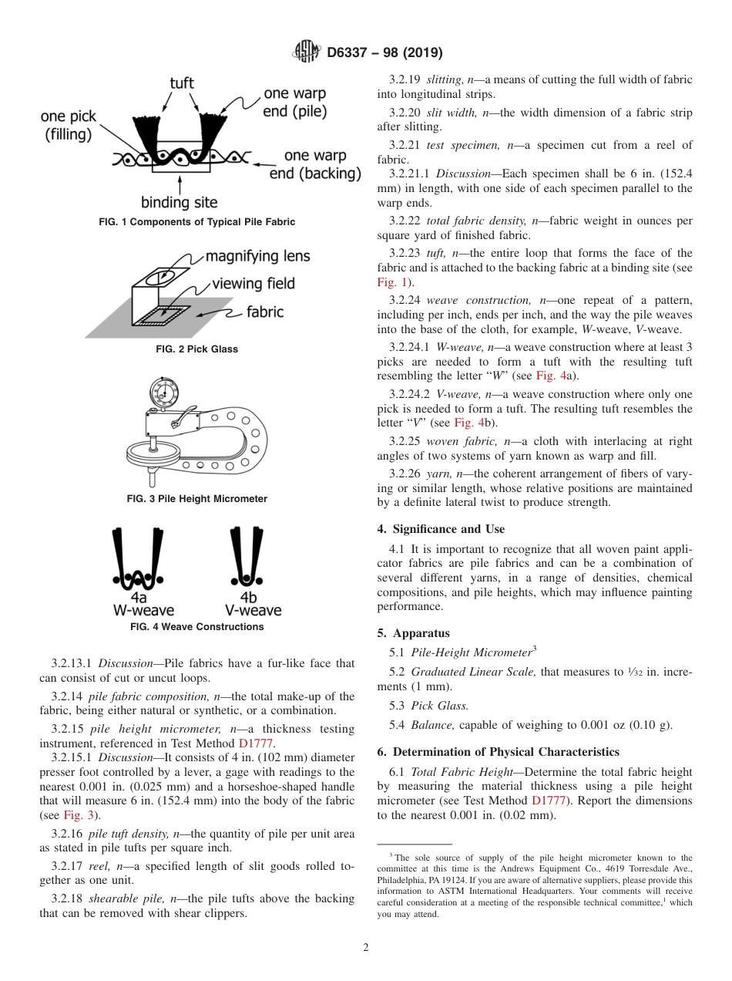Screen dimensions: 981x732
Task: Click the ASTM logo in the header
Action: click(306, 52)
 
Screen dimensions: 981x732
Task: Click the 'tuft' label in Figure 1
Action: click(181, 83)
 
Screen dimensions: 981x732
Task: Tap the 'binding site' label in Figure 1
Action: click(179, 203)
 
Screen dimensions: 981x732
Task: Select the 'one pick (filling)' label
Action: click(68, 125)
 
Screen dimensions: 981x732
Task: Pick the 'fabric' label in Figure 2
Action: click(265, 312)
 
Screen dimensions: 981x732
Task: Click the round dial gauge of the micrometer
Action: click(163, 390)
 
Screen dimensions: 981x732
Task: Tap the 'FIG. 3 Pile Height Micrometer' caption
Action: click(196, 499)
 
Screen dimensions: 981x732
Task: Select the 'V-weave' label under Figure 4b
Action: click(253, 610)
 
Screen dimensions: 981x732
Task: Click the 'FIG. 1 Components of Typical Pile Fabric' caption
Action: click(196, 222)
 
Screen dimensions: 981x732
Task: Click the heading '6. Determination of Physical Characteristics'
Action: click(498, 751)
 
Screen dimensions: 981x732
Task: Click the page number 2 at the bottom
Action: click(366, 948)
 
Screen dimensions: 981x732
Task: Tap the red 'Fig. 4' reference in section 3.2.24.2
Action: click(469, 423)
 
